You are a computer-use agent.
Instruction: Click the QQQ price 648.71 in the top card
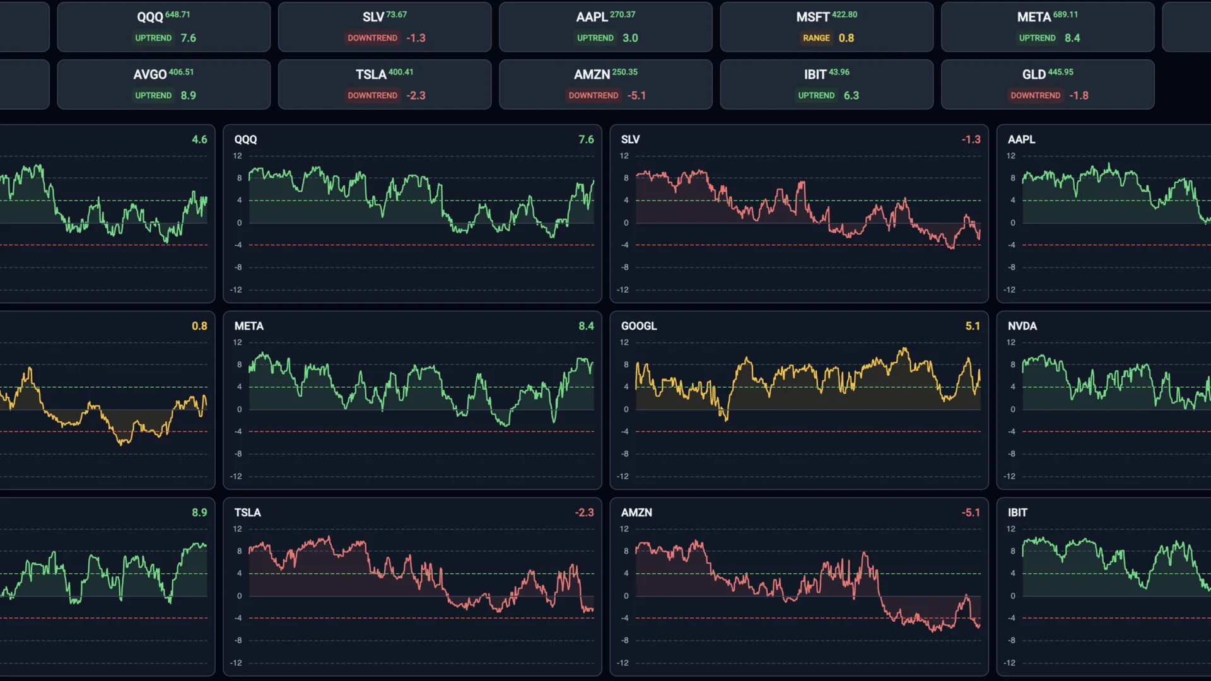[177, 15]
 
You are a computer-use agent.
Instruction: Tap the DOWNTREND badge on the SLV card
[372, 38]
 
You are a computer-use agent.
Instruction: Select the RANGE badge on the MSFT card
[816, 38]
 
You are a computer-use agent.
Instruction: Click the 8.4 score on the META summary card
[1072, 38]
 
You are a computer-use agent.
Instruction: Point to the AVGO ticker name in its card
[149, 74]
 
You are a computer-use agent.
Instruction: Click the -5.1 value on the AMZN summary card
[636, 95]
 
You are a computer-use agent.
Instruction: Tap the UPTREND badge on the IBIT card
[816, 95]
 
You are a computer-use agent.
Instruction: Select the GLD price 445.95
[1060, 72]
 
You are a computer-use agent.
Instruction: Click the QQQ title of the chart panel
[245, 139]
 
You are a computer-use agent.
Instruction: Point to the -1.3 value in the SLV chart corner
[971, 139]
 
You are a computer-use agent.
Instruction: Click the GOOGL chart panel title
[638, 326]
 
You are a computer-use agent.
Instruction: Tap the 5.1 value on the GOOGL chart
[972, 326]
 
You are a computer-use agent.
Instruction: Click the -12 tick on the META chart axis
[236, 476]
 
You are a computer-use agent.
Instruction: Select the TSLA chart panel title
[247, 513]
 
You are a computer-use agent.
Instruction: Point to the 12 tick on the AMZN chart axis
[624, 529]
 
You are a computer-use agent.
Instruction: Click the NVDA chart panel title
[1022, 326]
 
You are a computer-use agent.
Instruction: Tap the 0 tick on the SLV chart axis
[626, 223]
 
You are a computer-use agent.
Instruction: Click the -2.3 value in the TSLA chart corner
[584, 513]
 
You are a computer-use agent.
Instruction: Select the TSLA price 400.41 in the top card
[401, 72]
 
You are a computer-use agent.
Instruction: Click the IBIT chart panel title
[1017, 513]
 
